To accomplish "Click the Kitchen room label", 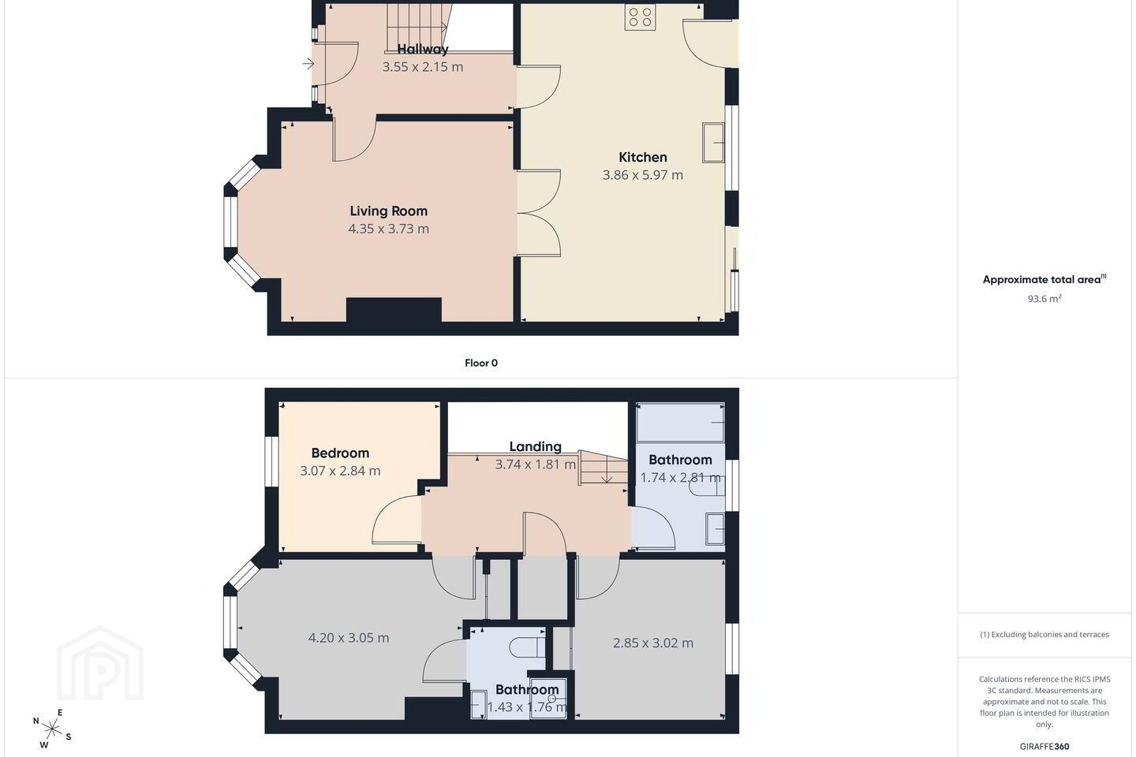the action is click(642, 157).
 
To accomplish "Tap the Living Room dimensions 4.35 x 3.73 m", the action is click(388, 229).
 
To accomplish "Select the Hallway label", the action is click(423, 49).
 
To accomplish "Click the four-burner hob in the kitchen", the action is click(640, 17).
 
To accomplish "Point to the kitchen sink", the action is click(713, 143).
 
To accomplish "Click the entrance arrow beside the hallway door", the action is click(308, 64).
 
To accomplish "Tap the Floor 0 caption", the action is click(481, 363).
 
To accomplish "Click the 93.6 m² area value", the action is click(1044, 299).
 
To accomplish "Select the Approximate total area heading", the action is click(1044, 279).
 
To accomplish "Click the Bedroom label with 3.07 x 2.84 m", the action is click(340, 453).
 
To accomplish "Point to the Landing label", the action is click(535, 446).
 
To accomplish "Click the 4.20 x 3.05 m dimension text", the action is click(349, 638).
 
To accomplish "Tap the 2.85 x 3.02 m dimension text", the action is click(653, 643).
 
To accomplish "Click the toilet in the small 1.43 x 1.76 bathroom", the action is click(526, 648).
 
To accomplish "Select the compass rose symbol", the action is click(52, 729).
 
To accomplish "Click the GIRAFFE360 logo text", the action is click(1044, 746).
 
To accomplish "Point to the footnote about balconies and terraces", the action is click(1044, 634).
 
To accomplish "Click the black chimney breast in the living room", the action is click(394, 310).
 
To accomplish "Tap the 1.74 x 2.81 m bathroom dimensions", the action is click(680, 478).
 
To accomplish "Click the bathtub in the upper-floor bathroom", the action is click(680, 423).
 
